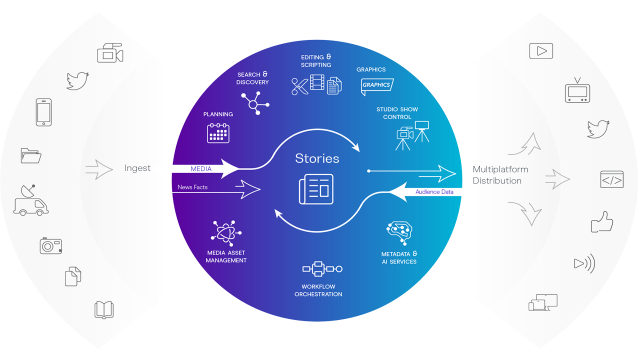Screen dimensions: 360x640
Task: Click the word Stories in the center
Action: coord(317,158)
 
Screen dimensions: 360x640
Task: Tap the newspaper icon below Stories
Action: coord(316,189)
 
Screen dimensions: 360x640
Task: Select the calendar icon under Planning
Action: coord(218,133)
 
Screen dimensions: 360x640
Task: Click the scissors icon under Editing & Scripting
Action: coord(299,86)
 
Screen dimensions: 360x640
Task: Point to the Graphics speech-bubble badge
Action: coord(377,86)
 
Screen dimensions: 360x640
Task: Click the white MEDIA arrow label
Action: coord(201,169)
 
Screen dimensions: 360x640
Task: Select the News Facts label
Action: coord(192,187)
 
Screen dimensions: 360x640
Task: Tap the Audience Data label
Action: coord(434,191)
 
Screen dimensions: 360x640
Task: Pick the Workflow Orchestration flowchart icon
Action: coord(322,269)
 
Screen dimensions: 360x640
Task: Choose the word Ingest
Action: coord(137,168)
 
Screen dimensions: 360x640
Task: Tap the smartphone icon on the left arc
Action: coord(43,112)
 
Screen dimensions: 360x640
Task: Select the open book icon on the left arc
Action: coord(104,309)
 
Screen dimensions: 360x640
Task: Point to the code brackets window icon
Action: coord(611,179)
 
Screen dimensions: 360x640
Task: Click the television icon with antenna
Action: coord(577,92)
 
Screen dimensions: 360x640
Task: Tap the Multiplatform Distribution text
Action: coord(500,175)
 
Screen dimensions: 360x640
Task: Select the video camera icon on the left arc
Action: coord(109,53)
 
